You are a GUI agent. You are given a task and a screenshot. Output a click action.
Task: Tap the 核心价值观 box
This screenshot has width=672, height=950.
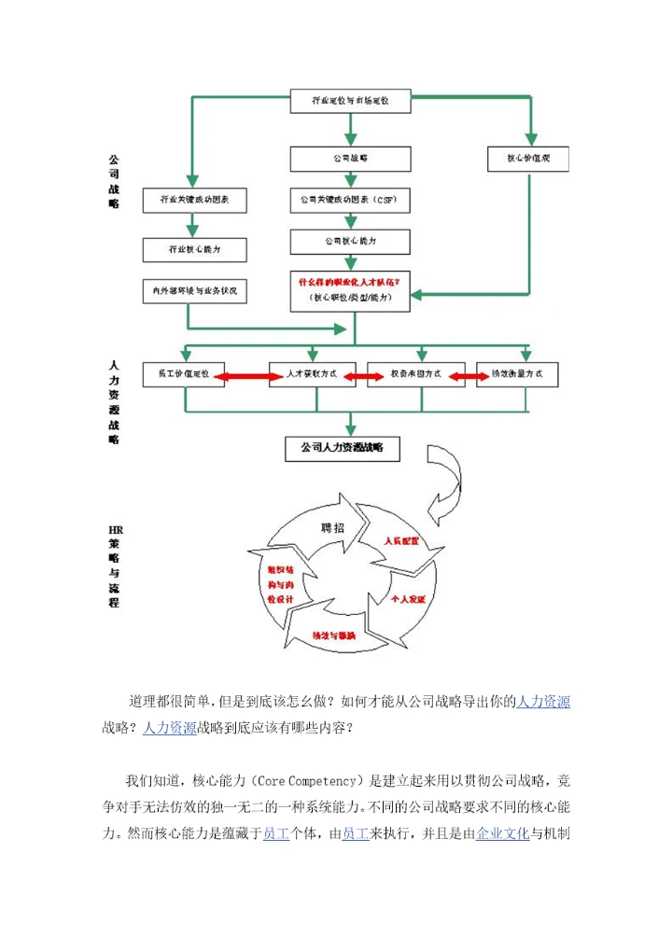click(x=529, y=158)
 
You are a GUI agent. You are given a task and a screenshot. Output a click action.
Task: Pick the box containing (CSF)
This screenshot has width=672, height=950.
click(x=350, y=200)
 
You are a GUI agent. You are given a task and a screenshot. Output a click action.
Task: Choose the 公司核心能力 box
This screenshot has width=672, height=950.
click(x=350, y=242)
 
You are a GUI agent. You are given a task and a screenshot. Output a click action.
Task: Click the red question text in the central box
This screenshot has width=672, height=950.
click(x=350, y=281)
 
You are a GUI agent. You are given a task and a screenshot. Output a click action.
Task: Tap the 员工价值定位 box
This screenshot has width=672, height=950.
click(x=184, y=374)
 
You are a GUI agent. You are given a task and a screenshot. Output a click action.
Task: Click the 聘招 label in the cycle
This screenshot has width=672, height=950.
click(x=331, y=527)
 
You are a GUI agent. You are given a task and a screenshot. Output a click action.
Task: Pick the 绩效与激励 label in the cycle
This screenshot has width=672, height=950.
click(x=333, y=636)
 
